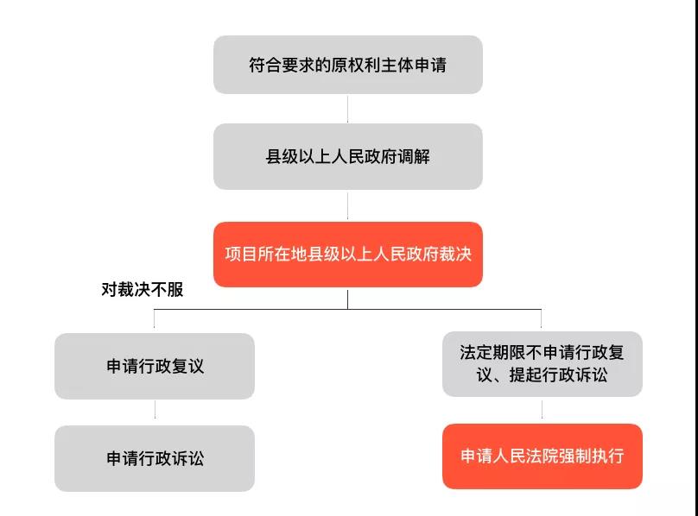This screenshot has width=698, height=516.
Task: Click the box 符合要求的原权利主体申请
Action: point(347,65)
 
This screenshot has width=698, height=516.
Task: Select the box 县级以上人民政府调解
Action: point(347,157)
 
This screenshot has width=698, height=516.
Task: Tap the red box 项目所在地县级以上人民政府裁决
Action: point(347,255)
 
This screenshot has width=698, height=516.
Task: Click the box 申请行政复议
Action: point(155,366)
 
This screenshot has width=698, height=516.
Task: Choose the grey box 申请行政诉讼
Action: point(155,458)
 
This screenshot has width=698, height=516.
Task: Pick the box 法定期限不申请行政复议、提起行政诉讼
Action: point(542,364)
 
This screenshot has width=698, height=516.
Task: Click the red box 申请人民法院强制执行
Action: point(542,456)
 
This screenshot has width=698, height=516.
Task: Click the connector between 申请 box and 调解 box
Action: point(347,109)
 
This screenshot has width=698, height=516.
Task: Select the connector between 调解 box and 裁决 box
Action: point(347,205)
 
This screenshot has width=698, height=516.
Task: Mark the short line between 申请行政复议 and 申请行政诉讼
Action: point(155,412)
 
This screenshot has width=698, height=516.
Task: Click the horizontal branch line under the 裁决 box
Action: point(347,309)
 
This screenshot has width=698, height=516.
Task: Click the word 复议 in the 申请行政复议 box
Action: point(187,366)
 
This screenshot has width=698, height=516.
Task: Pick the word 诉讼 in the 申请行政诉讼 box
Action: point(187,458)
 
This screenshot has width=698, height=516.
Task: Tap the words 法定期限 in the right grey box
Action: point(492,353)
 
